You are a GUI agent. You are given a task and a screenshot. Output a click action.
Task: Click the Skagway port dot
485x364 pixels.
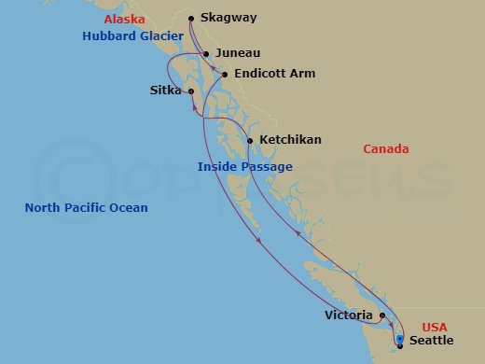click(190, 19)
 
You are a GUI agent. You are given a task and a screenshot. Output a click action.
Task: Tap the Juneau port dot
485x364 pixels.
click(206, 54)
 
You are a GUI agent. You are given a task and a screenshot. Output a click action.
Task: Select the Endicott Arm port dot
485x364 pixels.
click(225, 74)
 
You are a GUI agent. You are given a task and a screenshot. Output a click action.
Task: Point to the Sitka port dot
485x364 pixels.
click(190, 91)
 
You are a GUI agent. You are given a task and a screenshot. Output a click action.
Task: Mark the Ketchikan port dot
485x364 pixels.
click(250, 141)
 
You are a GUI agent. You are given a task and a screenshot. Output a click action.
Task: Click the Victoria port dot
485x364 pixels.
click(382, 315)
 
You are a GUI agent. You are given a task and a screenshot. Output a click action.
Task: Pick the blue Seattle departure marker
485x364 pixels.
click(399, 339)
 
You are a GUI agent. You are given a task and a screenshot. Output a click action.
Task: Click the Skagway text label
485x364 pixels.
click(229, 18)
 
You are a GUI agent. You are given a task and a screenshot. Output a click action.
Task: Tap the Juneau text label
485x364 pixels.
click(237, 54)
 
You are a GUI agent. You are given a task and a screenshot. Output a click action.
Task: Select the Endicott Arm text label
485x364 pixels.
click(275, 74)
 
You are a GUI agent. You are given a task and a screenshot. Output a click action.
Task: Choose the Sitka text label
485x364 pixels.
click(165, 91)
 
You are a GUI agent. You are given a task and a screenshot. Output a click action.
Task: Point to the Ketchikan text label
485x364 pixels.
click(290, 140)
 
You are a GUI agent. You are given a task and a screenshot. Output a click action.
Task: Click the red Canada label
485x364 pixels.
click(386, 149)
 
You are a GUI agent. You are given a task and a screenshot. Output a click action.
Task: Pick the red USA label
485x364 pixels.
click(435, 328)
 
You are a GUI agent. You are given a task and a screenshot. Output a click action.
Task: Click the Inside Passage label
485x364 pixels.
click(245, 167)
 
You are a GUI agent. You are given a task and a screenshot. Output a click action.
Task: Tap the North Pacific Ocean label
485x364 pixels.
click(86, 208)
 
